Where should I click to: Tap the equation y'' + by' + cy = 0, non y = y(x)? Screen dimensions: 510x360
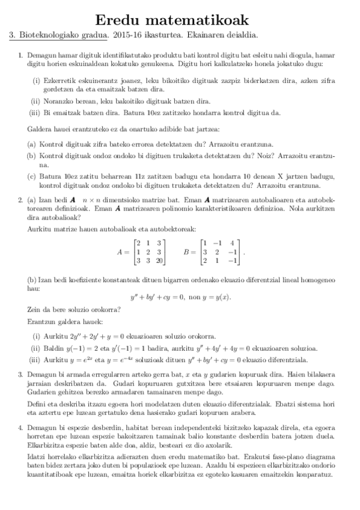click(x=180, y=297)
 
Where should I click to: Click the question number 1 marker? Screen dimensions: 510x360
click(x=20, y=55)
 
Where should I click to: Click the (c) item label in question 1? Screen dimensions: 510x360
click(x=32, y=176)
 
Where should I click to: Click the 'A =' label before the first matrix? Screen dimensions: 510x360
click(x=122, y=253)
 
